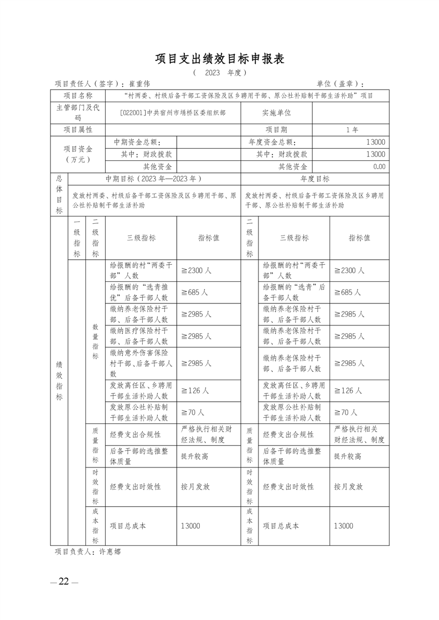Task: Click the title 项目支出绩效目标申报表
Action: [219, 59]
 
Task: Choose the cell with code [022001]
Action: [173, 113]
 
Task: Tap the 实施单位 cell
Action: [276, 113]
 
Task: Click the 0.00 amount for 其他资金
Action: [379, 166]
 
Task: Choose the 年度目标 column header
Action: [314, 179]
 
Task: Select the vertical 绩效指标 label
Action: [59, 381]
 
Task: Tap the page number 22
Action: [64, 581]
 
